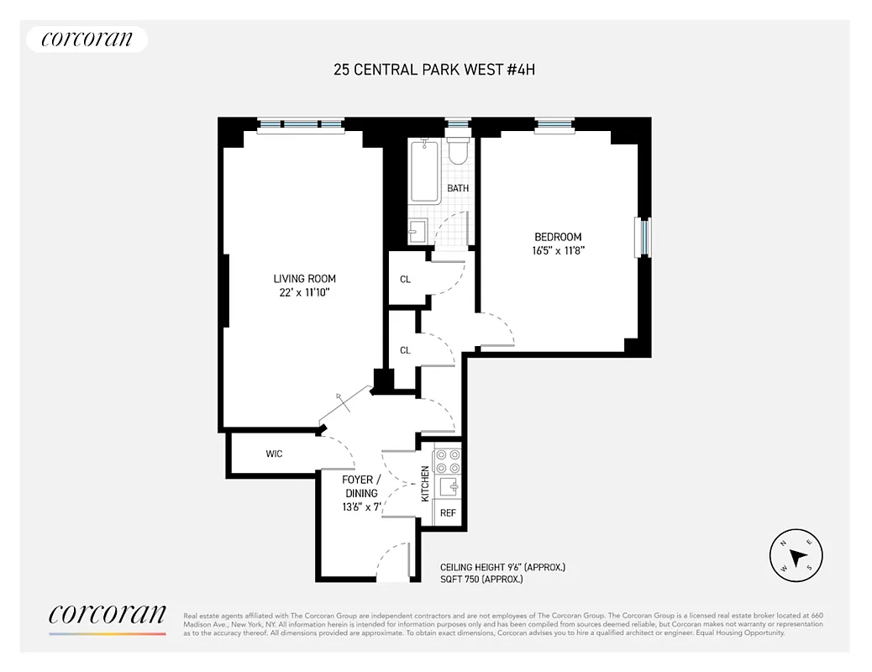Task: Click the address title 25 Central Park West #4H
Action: click(x=434, y=70)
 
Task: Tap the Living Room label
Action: click(x=304, y=279)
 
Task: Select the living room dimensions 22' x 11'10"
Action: click(x=304, y=292)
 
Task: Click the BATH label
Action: click(x=458, y=188)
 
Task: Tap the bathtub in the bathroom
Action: click(x=424, y=172)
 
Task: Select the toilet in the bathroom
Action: click(x=458, y=151)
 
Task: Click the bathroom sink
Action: click(x=418, y=230)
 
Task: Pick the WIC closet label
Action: click(x=274, y=454)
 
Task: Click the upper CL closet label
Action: click(x=405, y=280)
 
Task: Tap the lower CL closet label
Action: click(x=405, y=350)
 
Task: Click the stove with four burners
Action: click(x=447, y=461)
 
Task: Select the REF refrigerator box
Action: click(x=448, y=512)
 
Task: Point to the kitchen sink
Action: click(x=448, y=486)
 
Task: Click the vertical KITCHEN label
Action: click(x=425, y=484)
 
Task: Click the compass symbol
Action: click(x=796, y=555)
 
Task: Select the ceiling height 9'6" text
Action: click(x=502, y=568)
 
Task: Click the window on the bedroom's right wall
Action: click(x=644, y=237)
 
